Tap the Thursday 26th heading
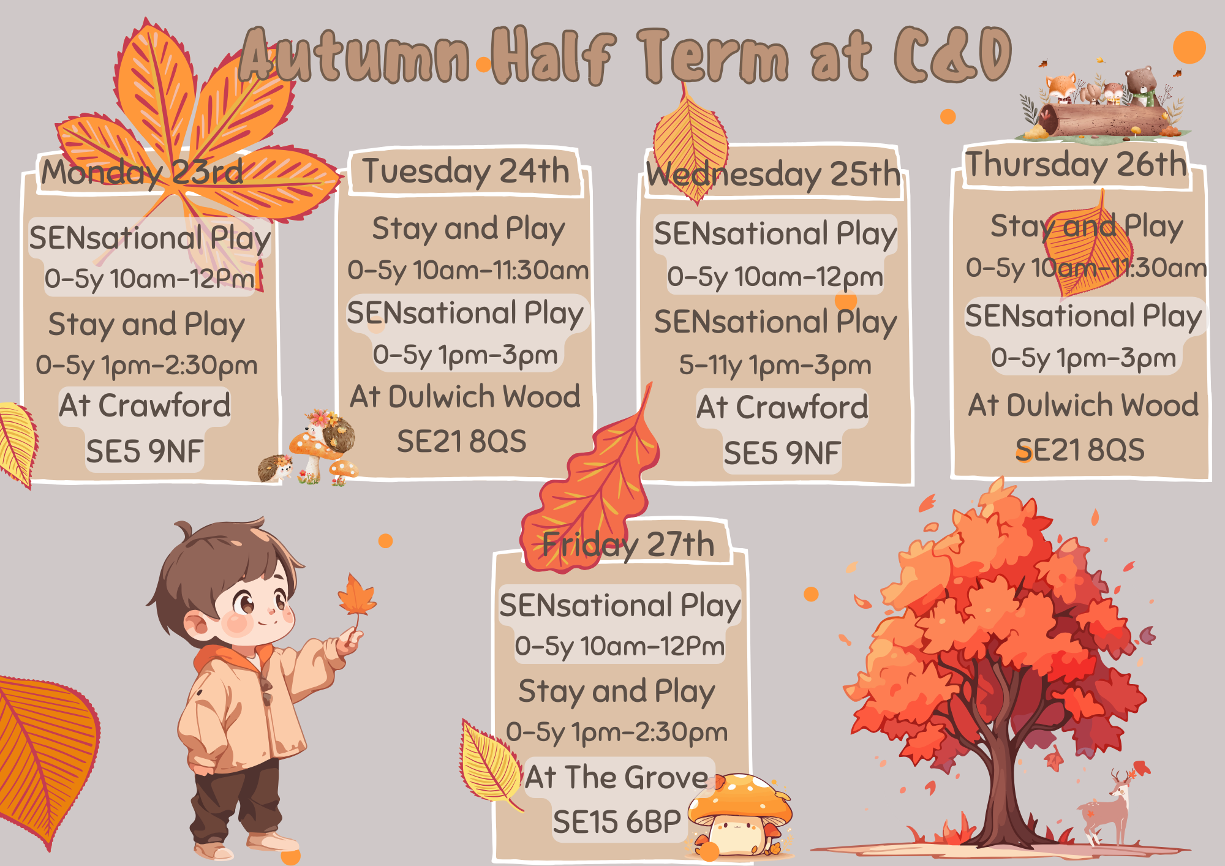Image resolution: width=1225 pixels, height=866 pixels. tap(1076, 164)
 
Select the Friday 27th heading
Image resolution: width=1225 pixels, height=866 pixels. tap(628, 544)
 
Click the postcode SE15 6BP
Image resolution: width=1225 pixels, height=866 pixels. tap(616, 822)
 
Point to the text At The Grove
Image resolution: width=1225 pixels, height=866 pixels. tap(616, 777)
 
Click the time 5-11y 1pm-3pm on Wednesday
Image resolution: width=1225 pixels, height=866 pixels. tap(775, 366)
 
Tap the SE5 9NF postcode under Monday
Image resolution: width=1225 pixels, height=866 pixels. tap(145, 451)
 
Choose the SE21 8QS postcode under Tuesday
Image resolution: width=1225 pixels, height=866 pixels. tap(462, 441)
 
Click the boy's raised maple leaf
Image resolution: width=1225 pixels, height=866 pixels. tap(356, 597)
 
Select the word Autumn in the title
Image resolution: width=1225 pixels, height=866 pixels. tap(355, 55)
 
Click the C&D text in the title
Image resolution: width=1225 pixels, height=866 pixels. tap(952, 55)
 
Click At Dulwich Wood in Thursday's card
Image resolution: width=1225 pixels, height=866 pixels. tap(1083, 405)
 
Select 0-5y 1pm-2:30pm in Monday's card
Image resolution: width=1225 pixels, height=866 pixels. tap(147, 366)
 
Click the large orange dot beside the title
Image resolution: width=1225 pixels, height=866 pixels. tap(1189, 47)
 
